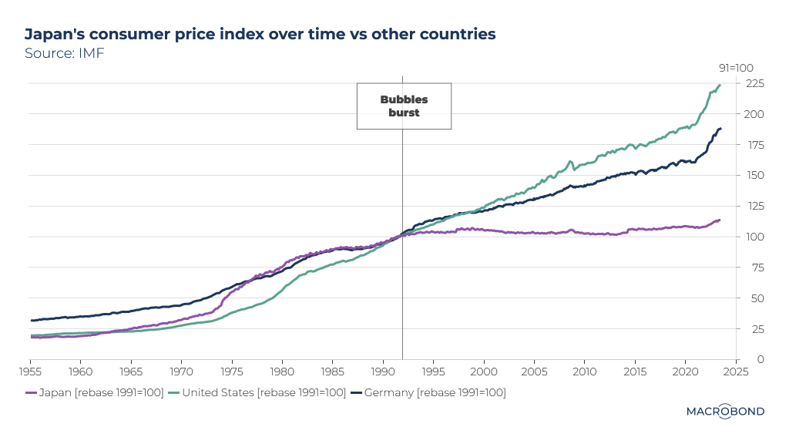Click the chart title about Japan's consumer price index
pos(260,34)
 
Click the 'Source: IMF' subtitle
pos(64,54)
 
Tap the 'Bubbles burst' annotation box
pos(404,106)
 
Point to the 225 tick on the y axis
pos(754,83)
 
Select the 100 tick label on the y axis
pos(754,237)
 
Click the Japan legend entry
pos(95,393)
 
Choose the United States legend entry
pos(258,393)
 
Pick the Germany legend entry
pos(429,393)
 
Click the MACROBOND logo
pos(725,411)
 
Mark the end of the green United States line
pos(720,85)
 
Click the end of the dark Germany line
pos(720,129)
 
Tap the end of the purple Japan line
pos(720,220)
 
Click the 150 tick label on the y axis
pos(754,175)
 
